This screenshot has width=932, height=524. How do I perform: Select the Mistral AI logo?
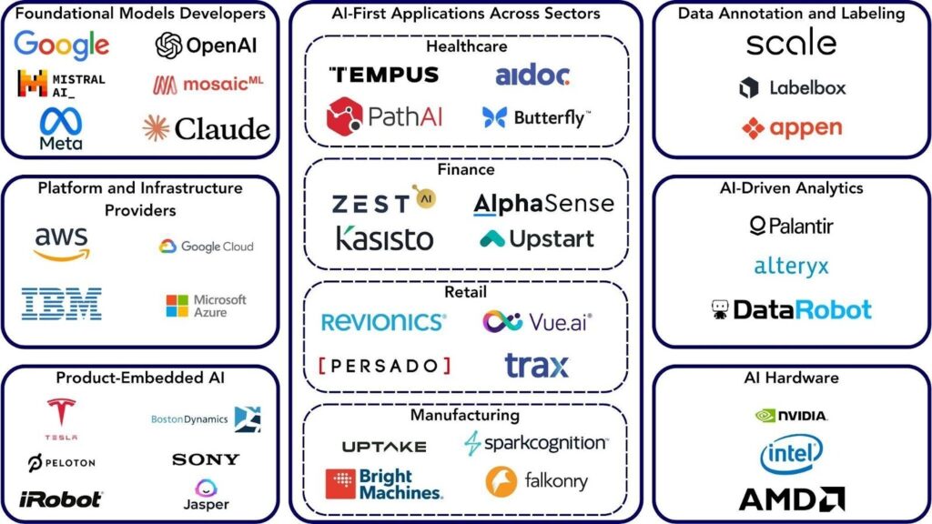tap(62, 85)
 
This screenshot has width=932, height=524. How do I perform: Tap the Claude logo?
tap(207, 128)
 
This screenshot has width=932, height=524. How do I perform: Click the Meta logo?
tap(61, 128)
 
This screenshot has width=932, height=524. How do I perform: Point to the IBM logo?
tap(62, 304)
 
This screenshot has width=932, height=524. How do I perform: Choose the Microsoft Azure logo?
tap(206, 306)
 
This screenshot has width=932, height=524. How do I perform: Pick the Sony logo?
tap(206, 459)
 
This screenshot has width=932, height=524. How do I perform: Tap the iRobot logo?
tap(61, 499)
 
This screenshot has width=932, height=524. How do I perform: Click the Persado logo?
tap(385, 366)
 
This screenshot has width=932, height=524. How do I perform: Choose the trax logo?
tap(536, 365)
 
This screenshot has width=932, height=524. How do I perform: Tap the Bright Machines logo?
tap(384, 484)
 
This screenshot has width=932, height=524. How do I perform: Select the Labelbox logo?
tap(792, 88)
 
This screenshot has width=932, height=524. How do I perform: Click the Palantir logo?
tap(791, 225)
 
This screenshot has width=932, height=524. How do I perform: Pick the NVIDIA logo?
tap(791, 416)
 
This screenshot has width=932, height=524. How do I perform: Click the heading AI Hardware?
tap(791, 378)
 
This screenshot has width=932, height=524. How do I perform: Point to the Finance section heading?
tap(465, 169)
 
